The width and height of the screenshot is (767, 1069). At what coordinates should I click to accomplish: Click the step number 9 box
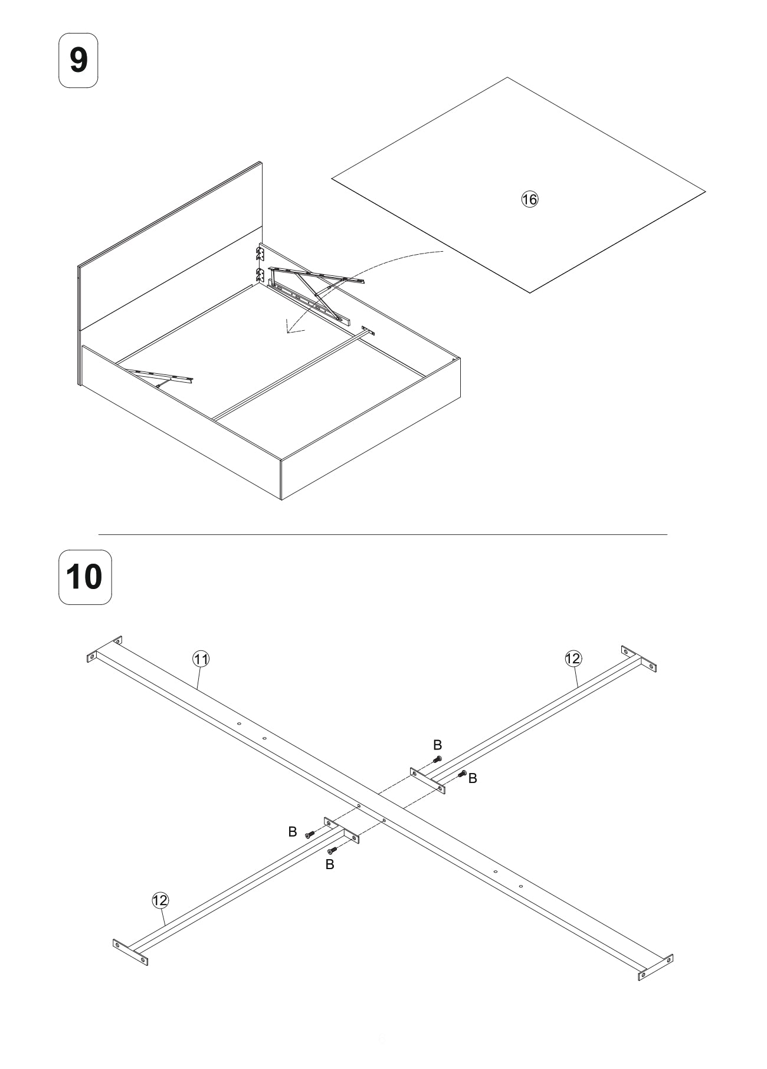coord(78,61)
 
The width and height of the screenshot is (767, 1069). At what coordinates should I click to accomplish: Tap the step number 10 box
coord(85,577)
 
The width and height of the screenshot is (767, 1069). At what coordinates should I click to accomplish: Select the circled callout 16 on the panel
coord(529,199)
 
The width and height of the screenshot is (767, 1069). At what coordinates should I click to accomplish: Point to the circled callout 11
coord(201,659)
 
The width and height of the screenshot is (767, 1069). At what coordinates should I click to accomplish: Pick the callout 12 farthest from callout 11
coord(573,659)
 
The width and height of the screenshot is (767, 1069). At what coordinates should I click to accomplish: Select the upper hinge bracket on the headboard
coord(260,254)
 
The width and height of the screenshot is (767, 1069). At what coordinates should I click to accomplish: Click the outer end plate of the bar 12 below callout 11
coord(130,952)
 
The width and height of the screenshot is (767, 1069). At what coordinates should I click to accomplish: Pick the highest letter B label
coord(437,745)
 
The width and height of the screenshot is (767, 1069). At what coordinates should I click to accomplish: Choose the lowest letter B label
coord(330,865)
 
